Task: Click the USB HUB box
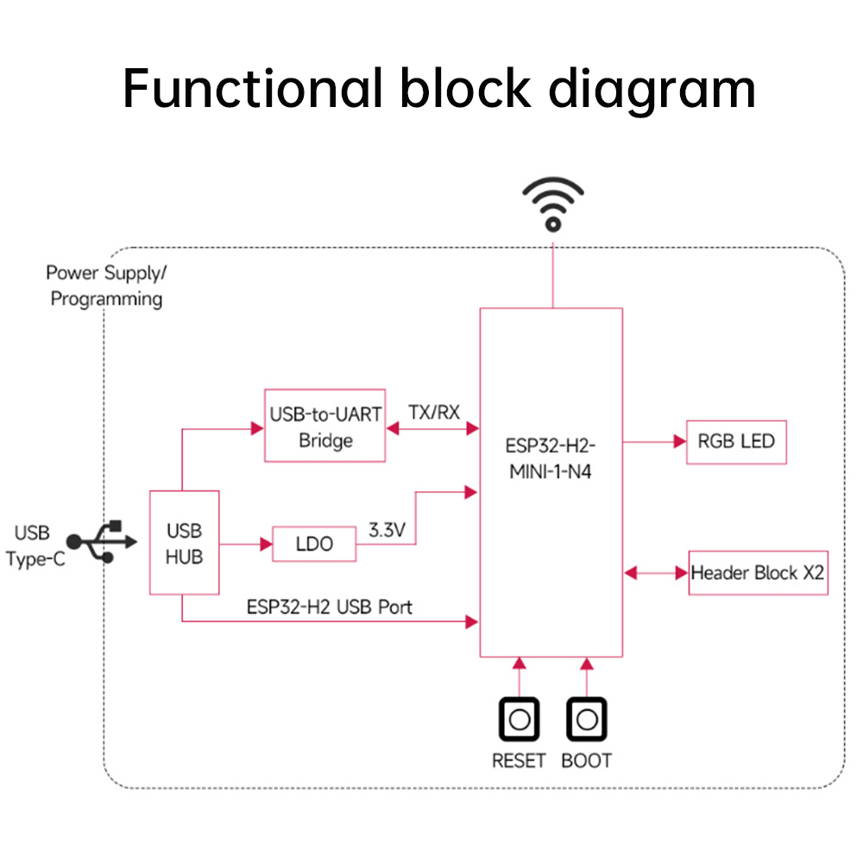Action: tap(185, 543)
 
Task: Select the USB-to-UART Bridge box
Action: tap(324, 425)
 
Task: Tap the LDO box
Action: tap(314, 544)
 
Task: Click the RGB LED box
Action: tap(736, 442)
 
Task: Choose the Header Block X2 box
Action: tap(758, 573)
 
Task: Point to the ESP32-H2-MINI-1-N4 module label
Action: tap(551, 458)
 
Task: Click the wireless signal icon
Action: tap(553, 205)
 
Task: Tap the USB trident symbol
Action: tap(102, 542)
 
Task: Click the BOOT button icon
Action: tap(587, 719)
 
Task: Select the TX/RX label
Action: tap(434, 413)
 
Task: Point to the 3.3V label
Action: tap(387, 530)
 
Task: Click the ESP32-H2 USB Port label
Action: tap(329, 607)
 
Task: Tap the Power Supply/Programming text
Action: tap(106, 286)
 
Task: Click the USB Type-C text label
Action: tap(35, 546)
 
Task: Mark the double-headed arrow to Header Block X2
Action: tap(656, 573)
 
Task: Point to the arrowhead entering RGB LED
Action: tap(680, 441)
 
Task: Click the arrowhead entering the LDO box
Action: tap(267, 545)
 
